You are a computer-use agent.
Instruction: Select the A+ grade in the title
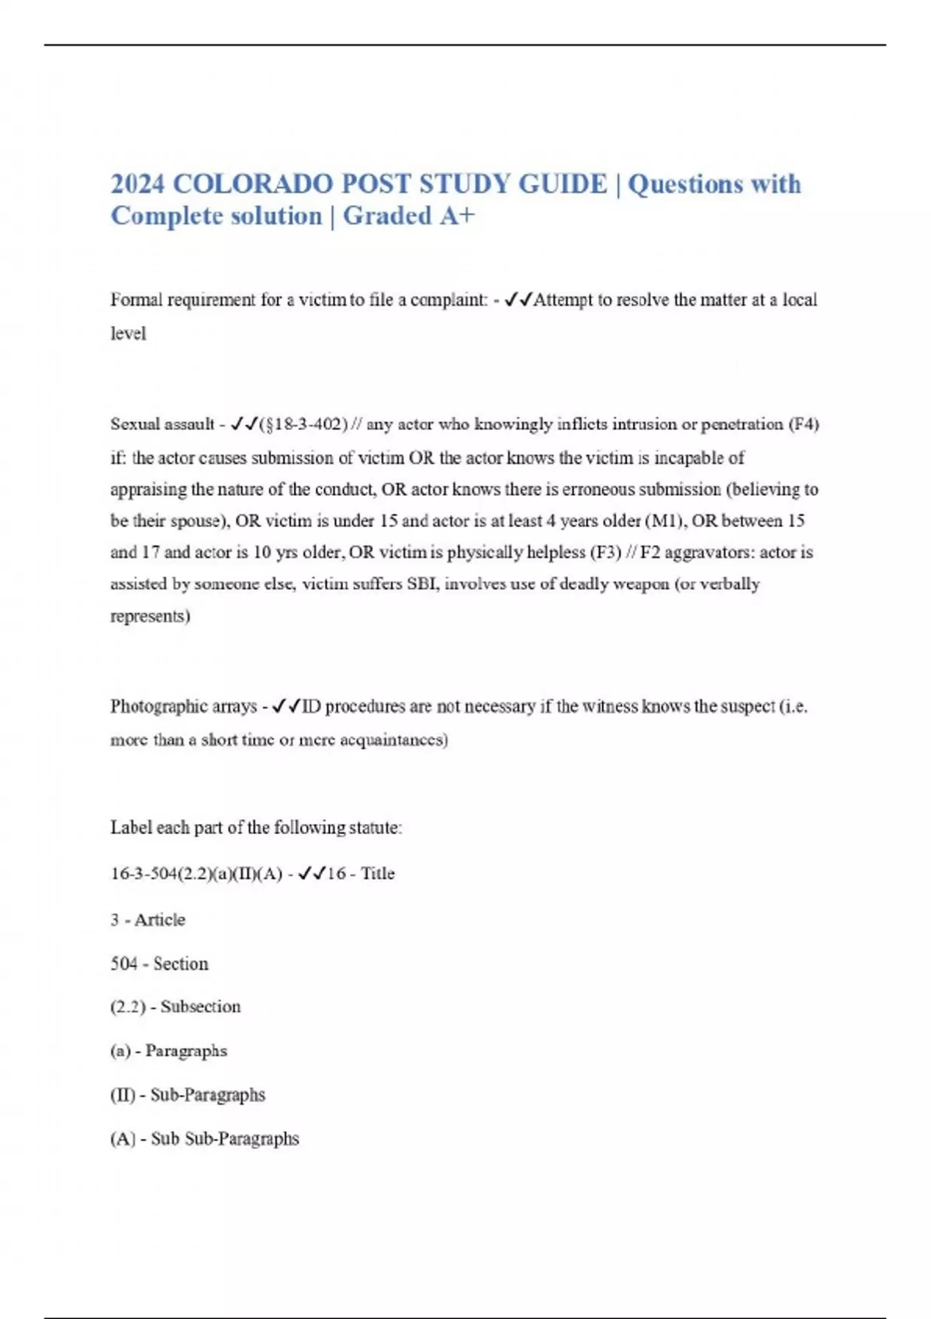[x=456, y=216]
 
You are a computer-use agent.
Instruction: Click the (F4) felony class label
[x=804, y=424]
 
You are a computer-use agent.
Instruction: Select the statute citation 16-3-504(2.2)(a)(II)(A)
[x=196, y=874]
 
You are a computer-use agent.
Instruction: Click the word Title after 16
[x=378, y=874]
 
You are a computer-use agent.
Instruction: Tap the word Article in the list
[x=160, y=919]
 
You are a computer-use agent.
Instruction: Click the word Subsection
[x=201, y=1006]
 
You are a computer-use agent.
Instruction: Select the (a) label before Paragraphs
[x=120, y=1051]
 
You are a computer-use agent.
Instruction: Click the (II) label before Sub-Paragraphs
[x=123, y=1095]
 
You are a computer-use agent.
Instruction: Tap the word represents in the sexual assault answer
[x=150, y=616]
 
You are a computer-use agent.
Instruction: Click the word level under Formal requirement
[x=128, y=334]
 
